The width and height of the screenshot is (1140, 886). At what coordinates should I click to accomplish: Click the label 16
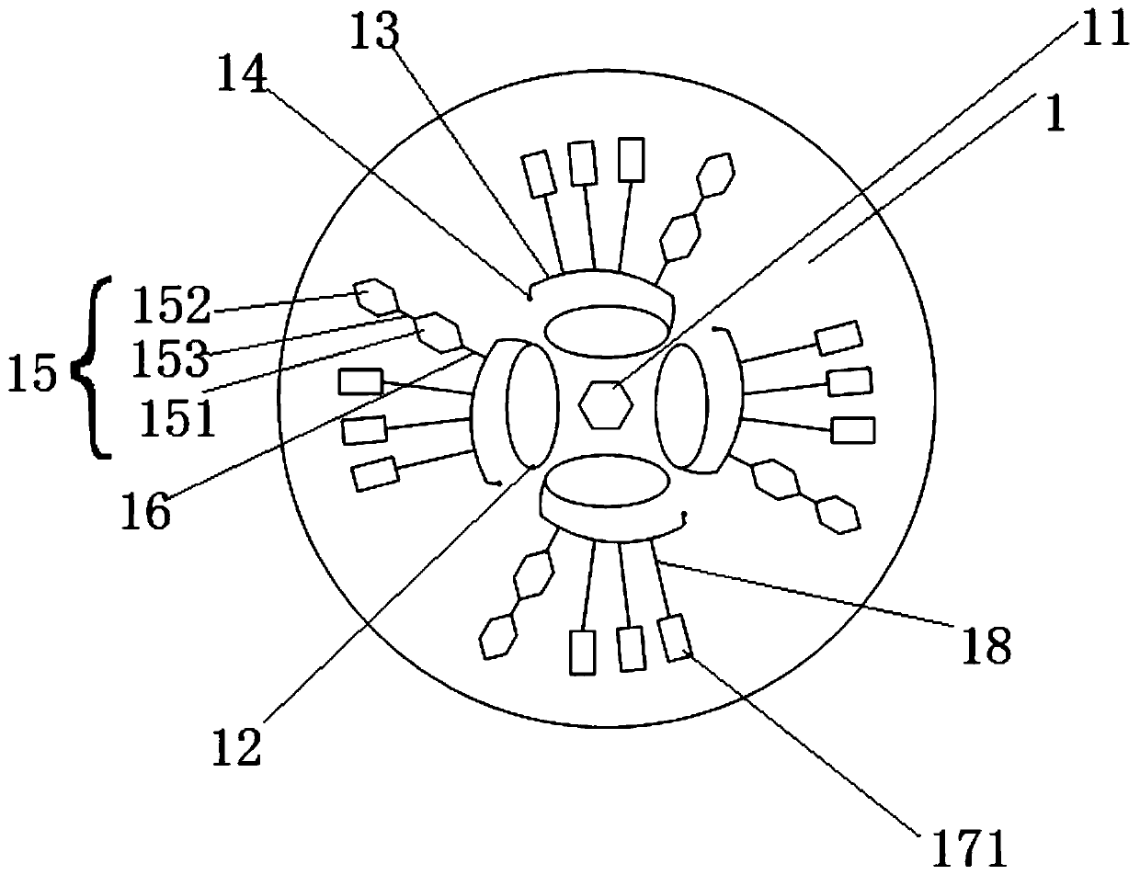coord(145,511)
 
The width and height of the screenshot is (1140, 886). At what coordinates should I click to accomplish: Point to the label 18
coord(988,645)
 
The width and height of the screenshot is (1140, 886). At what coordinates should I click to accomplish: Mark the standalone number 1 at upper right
coord(1054,117)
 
